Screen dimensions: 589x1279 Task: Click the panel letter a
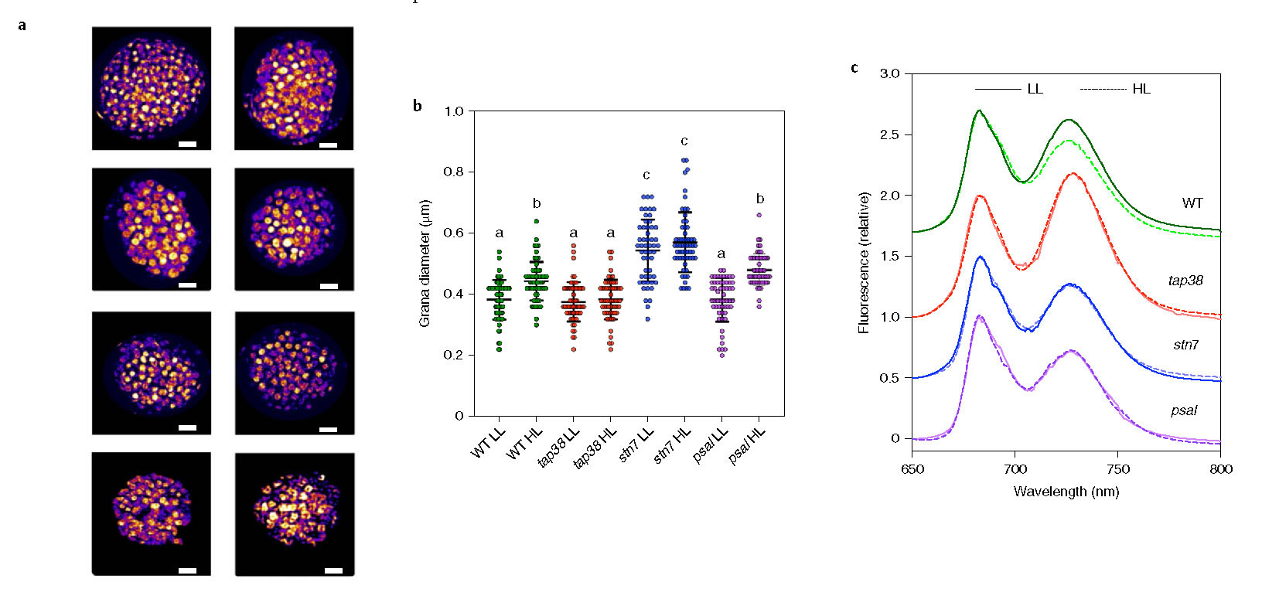[22, 26]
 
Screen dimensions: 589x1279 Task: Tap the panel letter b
[418, 106]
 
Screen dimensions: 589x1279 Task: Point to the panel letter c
[854, 68]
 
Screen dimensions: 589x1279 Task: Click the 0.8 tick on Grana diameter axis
[453, 172]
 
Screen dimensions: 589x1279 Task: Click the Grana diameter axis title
[425, 263]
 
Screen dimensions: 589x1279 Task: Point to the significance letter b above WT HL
[537, 204]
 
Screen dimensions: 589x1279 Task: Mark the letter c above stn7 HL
[684, 141]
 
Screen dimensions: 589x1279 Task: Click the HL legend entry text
[1141, 90]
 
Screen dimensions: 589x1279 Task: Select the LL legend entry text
[1035, 90]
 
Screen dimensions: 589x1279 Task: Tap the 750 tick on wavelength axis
[1118, 469]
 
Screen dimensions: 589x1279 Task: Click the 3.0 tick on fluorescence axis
[890, 74]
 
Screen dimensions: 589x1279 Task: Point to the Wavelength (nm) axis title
[1066, 492]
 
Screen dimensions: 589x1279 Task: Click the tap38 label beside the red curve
[1185, 280]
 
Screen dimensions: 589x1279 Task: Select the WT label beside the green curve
[1192, 203]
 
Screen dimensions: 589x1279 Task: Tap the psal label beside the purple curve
[1184, 410]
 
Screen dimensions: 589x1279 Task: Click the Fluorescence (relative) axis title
[864, 263]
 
